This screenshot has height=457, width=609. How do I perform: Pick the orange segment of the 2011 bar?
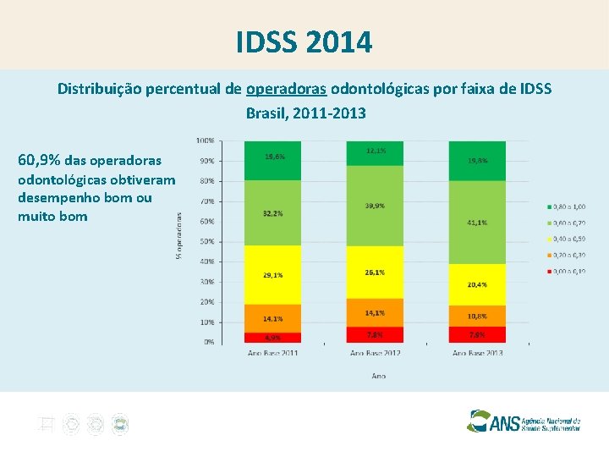point(273,318)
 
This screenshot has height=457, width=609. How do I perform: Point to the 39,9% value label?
point(375,206)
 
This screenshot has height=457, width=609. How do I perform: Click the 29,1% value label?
point(273,275)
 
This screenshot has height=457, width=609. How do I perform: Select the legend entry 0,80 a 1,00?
point(567,206)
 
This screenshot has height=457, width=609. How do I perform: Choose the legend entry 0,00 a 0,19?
point(567,271)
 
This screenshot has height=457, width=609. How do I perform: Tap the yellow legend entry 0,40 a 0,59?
point(567,239)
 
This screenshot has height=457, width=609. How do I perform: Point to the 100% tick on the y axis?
point(205,140)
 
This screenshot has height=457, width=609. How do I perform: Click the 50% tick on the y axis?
point(206,241)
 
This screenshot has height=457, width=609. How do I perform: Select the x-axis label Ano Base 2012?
point(375,352)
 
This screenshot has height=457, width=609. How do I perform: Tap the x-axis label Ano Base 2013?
point(477,352)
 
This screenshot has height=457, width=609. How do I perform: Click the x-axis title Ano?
point(378,375)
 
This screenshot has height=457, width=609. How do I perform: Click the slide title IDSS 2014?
point(304,41)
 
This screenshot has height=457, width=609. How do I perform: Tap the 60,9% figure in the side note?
point(38,160)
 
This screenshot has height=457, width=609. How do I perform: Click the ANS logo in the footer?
point(524,421)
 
